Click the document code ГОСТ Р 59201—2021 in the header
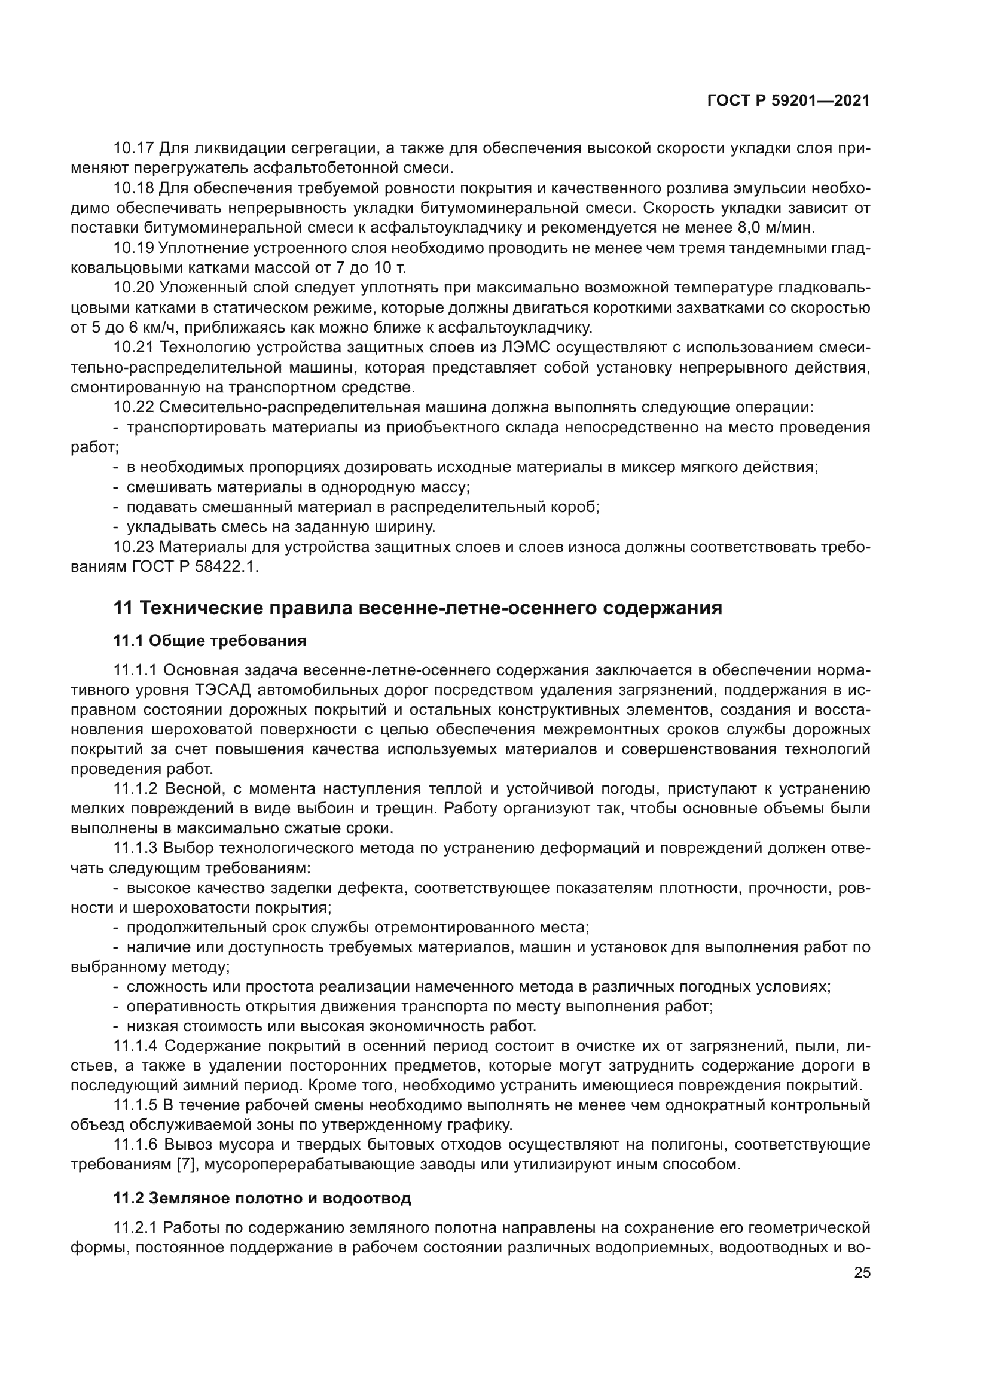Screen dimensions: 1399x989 tap(789, 100)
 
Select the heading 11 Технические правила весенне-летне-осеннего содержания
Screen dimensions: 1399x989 tap(418, 608)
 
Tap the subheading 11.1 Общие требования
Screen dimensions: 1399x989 tap(209, 641)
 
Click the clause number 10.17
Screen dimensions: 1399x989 tap(134, 148)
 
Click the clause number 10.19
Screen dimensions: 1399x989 tap(134, 248)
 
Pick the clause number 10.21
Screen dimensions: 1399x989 tap(134, 348)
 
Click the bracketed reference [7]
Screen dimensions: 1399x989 tap(185, 1165)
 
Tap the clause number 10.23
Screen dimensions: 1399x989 tap(134, 547)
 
